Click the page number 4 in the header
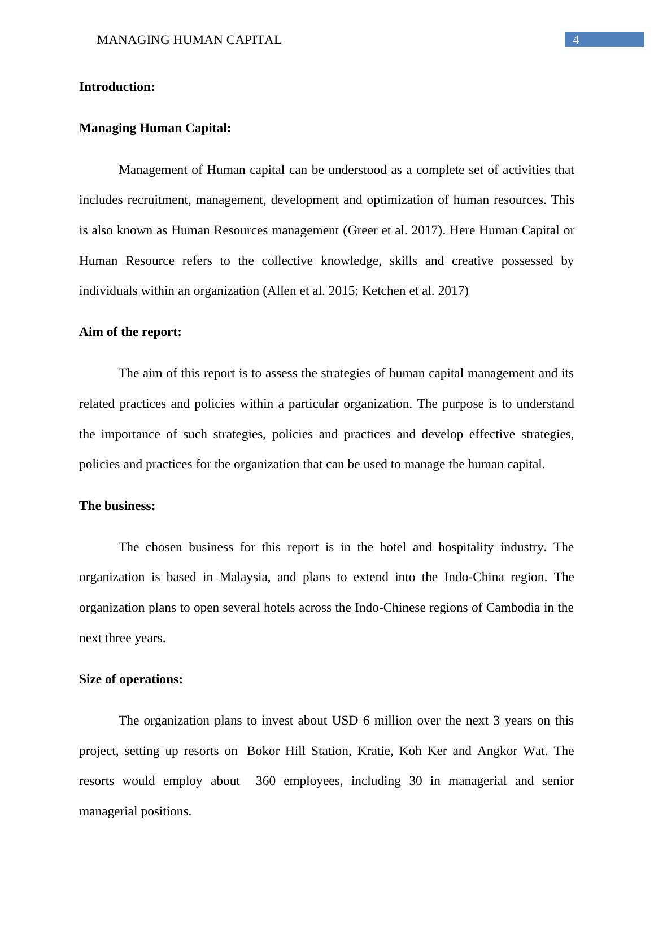coord(576,40)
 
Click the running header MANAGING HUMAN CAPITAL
coord(189,40)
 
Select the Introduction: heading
coord(117,87)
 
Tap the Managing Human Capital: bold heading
coord(155,128)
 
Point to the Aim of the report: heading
coord(130,332)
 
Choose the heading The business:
coord(117,506)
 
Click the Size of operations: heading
coord(130,679)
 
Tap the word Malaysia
coord(243,577)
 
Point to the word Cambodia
coord(513,608)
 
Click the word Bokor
coord(264,751)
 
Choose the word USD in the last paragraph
coord(345,721)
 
